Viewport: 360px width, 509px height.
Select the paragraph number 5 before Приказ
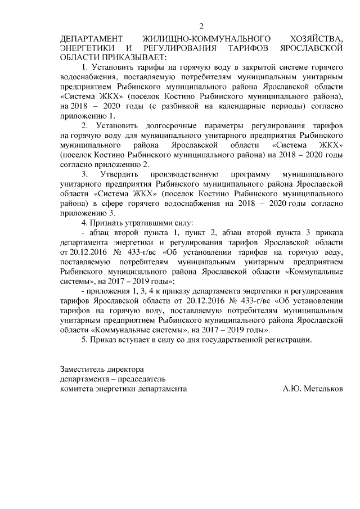(x=84, y=340)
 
